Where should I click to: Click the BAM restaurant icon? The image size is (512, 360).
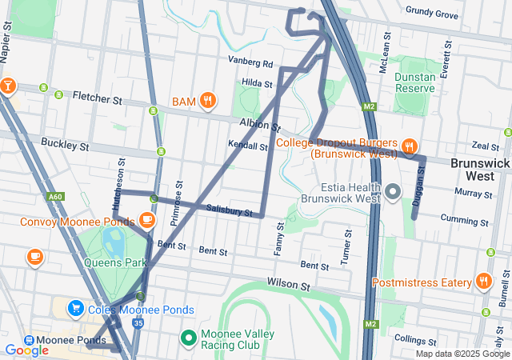click(208, 100)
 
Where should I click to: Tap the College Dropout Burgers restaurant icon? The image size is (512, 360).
click(409, 146)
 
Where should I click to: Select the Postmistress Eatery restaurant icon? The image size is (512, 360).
click(483, 281)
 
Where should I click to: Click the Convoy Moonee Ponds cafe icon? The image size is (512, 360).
click(146, 219)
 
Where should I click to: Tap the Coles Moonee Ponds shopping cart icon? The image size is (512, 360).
click(76, 307)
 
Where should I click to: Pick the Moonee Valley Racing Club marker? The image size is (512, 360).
click(190, 338)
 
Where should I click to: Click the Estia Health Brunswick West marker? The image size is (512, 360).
click(392, 191)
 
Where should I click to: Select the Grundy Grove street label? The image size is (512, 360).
click(432, 14)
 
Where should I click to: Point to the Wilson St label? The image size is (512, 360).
click(288, 285)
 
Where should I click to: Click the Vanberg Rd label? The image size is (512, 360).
click(250, 62)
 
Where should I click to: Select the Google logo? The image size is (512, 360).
click(26, 350)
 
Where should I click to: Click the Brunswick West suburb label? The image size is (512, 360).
click(479, 168)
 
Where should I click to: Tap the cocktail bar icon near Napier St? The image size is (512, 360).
click(8, 85)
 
